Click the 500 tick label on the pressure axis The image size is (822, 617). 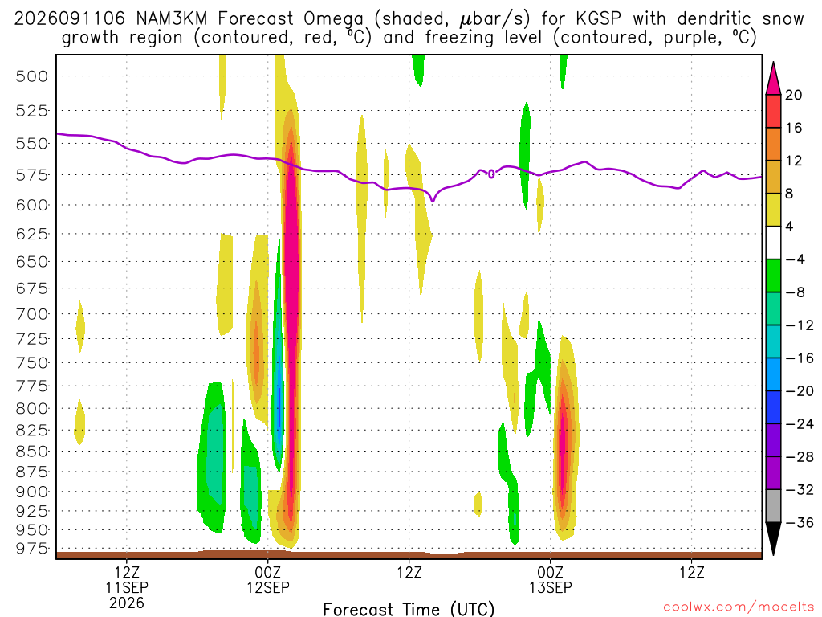coord(31,76)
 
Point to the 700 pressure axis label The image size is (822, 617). coord(31,314)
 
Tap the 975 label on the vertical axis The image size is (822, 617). coord(31,548)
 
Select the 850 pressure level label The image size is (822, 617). coord(31,452)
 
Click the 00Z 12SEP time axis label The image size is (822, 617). coord(268,580)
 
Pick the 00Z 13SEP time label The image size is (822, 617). coord(550,580)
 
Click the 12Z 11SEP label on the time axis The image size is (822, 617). coord(127,580)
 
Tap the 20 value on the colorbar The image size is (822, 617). coord(794,95)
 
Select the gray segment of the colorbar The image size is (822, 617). coord(773,506)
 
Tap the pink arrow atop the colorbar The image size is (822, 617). coord(773,78)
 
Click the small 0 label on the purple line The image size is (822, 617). coord(491,174)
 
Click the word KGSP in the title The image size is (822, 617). coord(598,19)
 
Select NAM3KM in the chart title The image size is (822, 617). coord(172,19)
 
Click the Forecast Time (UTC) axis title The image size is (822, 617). coord(409,609)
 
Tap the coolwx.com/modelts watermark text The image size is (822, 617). coord(739,607)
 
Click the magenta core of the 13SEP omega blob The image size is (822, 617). coord(563,446)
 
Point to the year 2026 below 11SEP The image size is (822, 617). coord(127,603)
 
